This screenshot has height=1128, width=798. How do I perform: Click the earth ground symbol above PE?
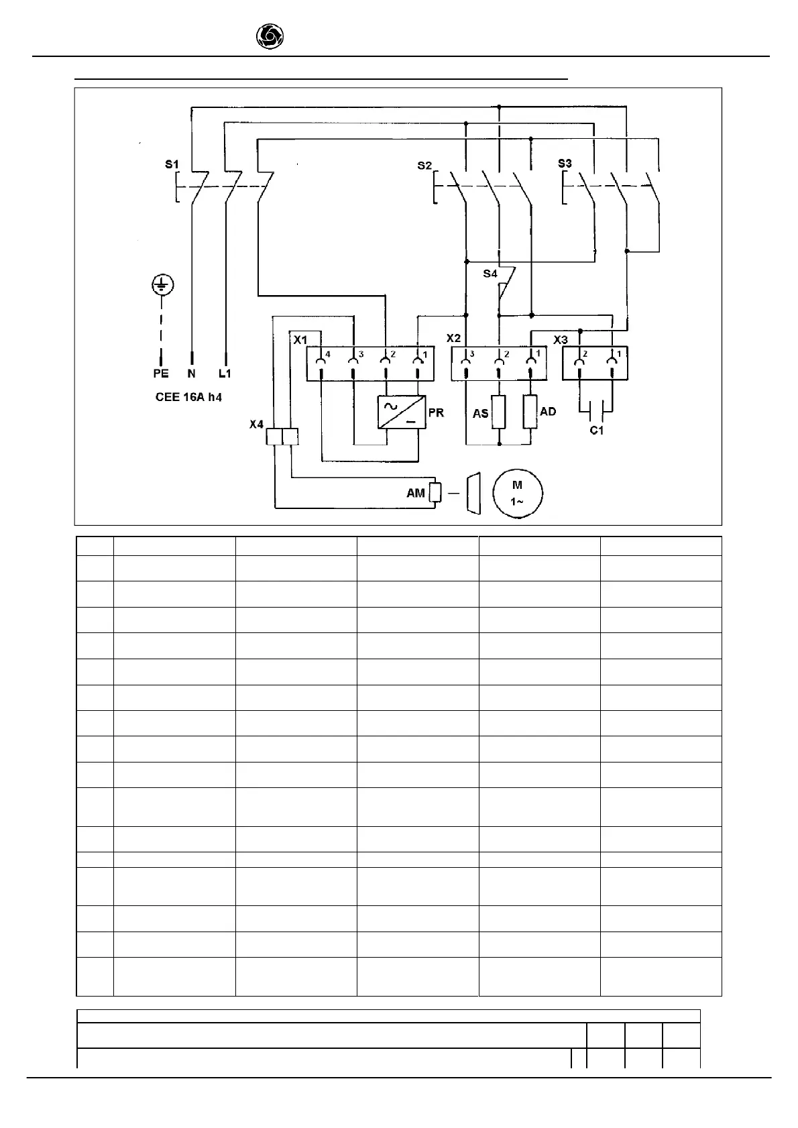pos(161,285)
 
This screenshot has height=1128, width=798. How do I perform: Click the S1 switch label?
pos(172,164)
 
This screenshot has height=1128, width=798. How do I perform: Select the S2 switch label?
pos(424,165)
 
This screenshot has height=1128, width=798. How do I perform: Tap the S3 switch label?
pos(565,164)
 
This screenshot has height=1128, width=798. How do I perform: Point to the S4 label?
pos(490,274)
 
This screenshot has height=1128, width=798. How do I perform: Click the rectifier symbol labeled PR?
pos(402,412)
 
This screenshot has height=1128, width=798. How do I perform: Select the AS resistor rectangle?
pos(498,412)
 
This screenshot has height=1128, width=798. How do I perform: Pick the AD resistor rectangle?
pos(530,412)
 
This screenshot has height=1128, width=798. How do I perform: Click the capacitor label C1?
pos(597,430)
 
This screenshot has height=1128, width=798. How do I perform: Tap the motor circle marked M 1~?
pos(517,494)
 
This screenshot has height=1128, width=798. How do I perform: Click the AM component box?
pos(435,493)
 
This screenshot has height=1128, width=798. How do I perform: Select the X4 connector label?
pos(256,425)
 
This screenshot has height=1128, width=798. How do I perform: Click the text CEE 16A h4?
pos(188,397)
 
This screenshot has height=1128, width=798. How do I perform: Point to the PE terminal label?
pos(161,374)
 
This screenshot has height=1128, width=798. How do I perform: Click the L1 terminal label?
pos(225,374)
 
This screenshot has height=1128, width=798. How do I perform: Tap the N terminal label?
pos(192,374)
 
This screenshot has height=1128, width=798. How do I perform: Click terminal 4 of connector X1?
pos(322,363)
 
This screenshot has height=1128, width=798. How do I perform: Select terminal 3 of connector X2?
pos(467,363)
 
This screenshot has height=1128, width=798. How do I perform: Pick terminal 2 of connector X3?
pos(579,363)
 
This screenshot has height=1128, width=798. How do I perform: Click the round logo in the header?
pos(270,37)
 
